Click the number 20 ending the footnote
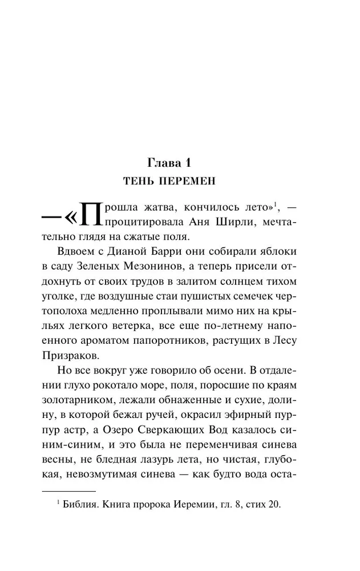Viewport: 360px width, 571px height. [x=274, y=505]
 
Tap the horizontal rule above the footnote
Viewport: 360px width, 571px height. [x=68, y=490]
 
